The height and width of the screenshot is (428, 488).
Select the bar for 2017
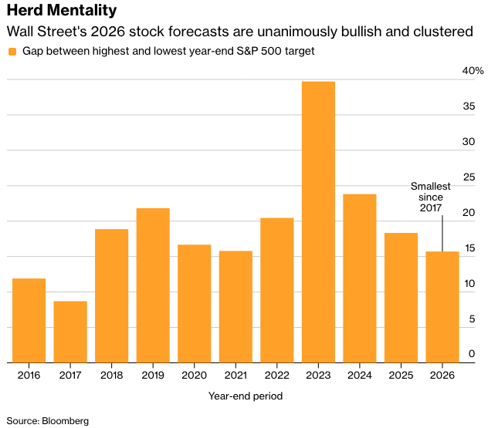(x=70, y=332)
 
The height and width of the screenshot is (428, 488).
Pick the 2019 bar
(x=153, y=285)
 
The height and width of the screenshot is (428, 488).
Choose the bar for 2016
(x=29, y=320)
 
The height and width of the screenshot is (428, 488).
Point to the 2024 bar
(x=360, y=278)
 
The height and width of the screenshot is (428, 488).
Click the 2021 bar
(x=236, y=307)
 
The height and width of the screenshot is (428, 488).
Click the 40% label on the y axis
(x=473, y=71)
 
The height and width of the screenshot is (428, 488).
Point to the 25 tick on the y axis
(x=468, y=177)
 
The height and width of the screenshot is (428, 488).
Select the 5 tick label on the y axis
(x=471, y=319)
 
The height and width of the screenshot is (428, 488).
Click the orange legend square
(x=12, y=52)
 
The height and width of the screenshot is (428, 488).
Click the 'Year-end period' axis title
(x=246, y=396)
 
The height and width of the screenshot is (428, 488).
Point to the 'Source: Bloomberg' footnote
(x=48, y=421)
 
